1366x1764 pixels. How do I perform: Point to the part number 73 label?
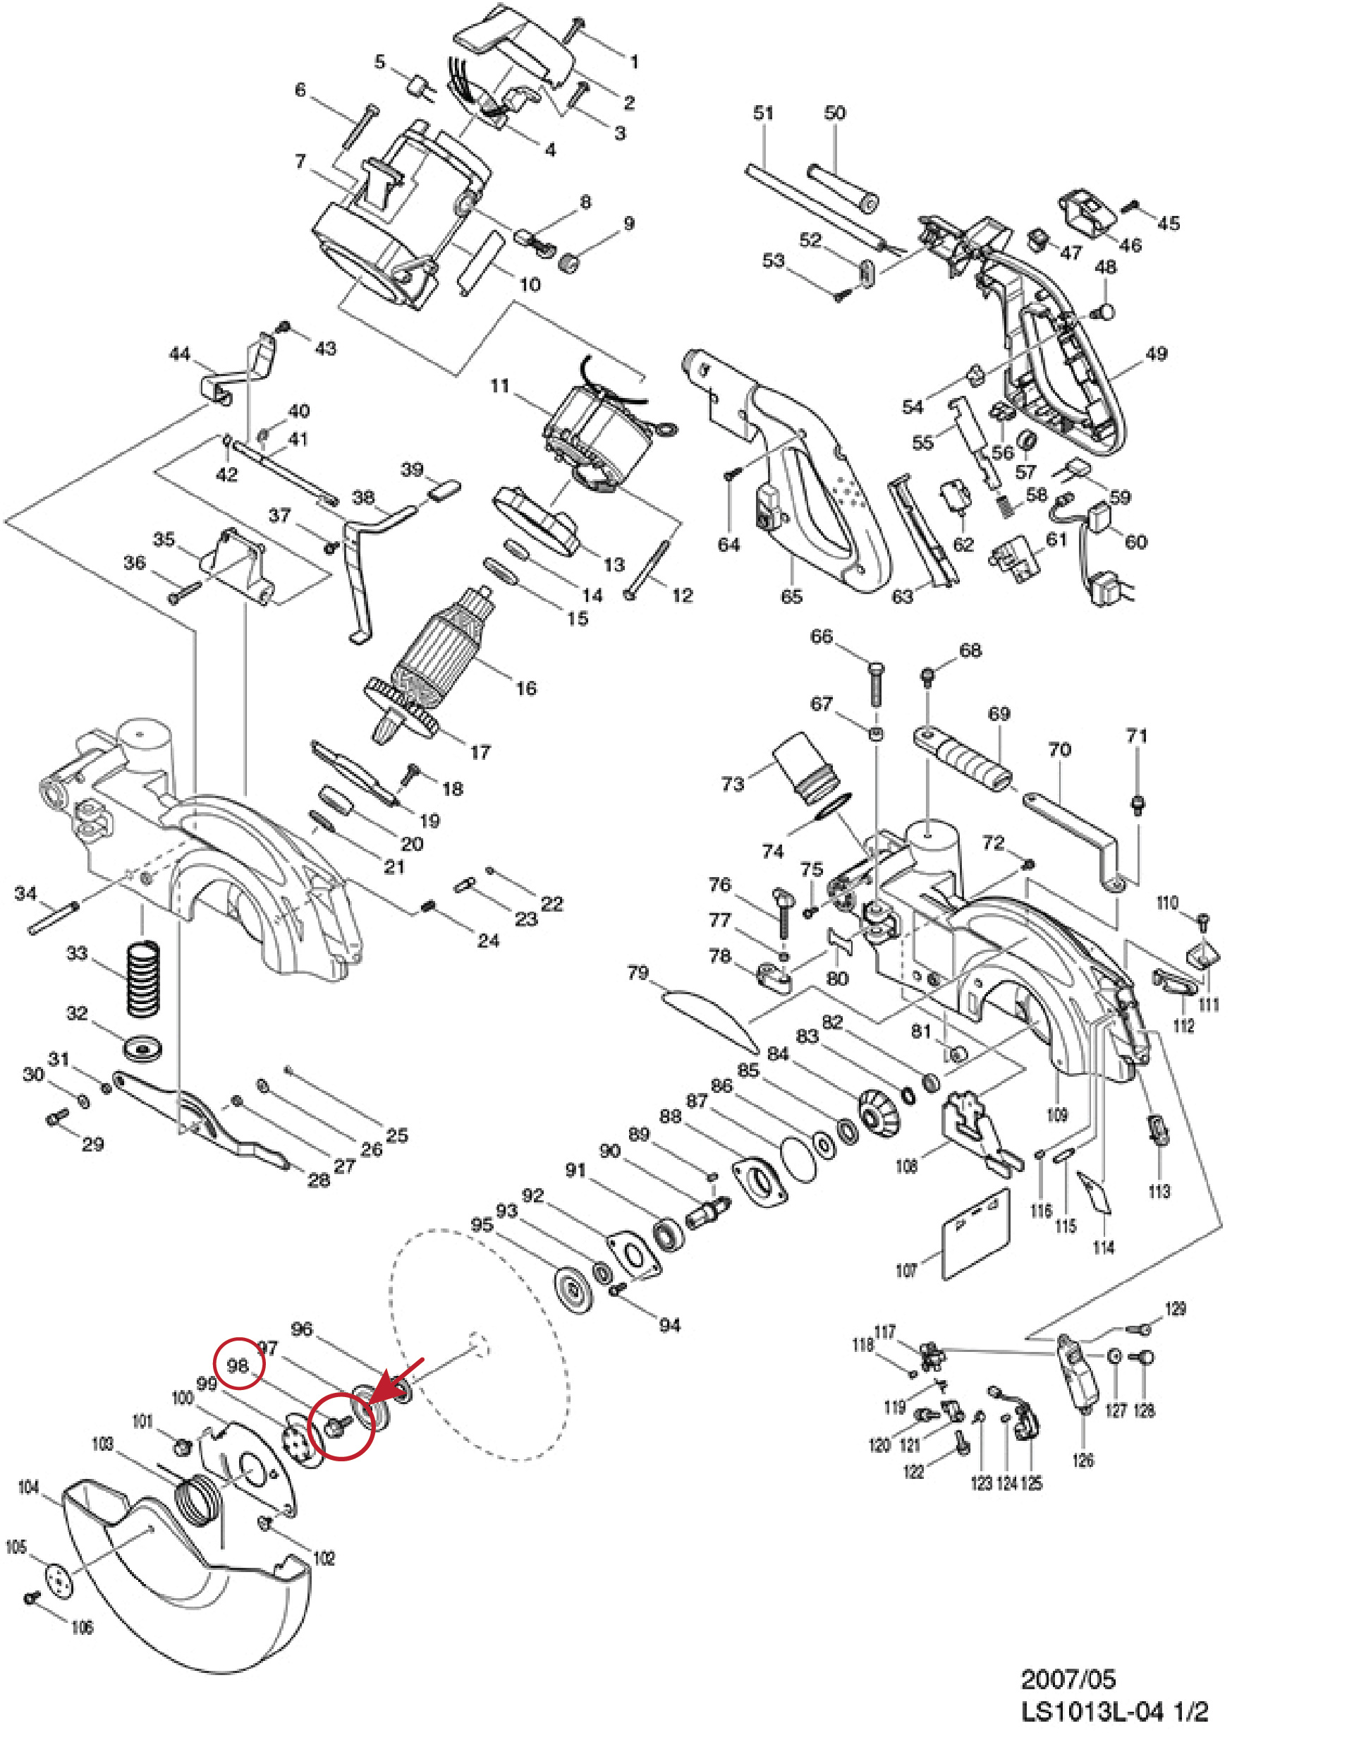[x=732, y=783]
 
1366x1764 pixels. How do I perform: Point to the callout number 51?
[x=763, y=112]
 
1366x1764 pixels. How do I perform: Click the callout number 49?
[x=1156, y=353]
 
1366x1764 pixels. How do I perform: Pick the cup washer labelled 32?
[x=145, y=1051]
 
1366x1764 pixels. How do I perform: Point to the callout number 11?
[x=500, y=386]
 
